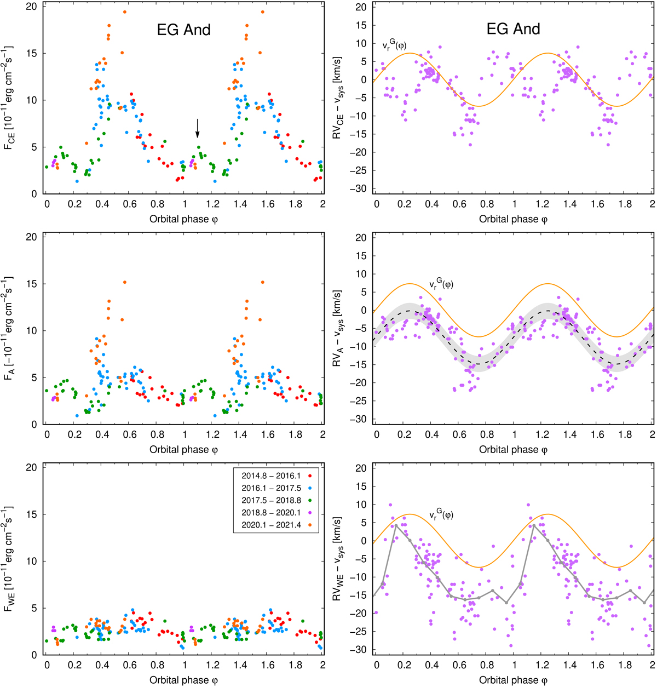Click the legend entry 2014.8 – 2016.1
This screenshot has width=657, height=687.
[x=265, y=474]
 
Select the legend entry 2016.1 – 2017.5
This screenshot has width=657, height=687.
[x=265, y=487]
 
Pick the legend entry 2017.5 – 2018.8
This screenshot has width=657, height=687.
[x=265, y=500]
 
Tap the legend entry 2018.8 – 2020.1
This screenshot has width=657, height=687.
[x=265, y=512]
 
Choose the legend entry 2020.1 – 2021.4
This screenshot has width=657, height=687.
[x=265, y=525]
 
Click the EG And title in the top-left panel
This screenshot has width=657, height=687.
[x=184, y=30]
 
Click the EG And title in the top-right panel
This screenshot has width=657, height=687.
[x=513, y=29]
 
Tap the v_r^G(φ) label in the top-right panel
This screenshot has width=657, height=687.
[x=394, y=45]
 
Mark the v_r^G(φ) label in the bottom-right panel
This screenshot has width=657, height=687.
[x=441, y=515]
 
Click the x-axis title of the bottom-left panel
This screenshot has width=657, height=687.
[x=184, y=680]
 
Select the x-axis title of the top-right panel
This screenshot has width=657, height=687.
[x=513, y=219]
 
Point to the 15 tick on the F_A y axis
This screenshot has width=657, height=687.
[x=32, y=284]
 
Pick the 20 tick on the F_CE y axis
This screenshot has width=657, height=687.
[x=32, y=7]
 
